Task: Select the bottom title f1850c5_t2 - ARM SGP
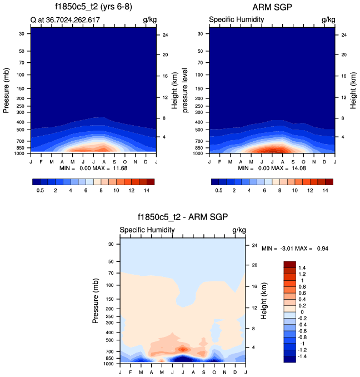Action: tap(183, 217)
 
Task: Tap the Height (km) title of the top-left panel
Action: tap(174, 89)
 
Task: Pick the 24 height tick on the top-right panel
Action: tap(344, 35)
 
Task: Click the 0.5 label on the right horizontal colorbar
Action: tap(219, 190)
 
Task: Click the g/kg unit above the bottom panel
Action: tap(239, 230)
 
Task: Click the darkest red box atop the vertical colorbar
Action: tap(289, 264)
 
